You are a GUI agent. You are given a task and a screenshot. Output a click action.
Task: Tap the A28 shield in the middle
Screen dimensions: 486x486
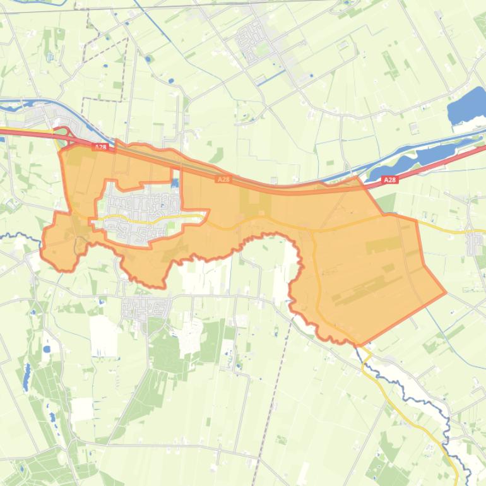pos(223,180)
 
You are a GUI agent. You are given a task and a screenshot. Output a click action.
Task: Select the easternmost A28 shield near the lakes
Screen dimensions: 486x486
pos(390,180)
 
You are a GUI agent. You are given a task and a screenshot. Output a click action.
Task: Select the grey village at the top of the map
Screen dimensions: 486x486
pos(256,41)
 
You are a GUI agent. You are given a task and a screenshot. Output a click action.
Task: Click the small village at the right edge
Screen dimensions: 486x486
pos(475,243)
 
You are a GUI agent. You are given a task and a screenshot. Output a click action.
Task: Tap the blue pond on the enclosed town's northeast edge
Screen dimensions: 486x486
pos(175,183)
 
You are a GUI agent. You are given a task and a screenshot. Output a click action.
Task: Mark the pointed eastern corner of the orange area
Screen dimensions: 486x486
pos(446,293)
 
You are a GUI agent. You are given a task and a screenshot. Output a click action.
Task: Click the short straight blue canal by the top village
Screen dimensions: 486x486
pos(268,77)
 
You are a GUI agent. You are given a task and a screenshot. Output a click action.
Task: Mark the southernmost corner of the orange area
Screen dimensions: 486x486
pos(359,345)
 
